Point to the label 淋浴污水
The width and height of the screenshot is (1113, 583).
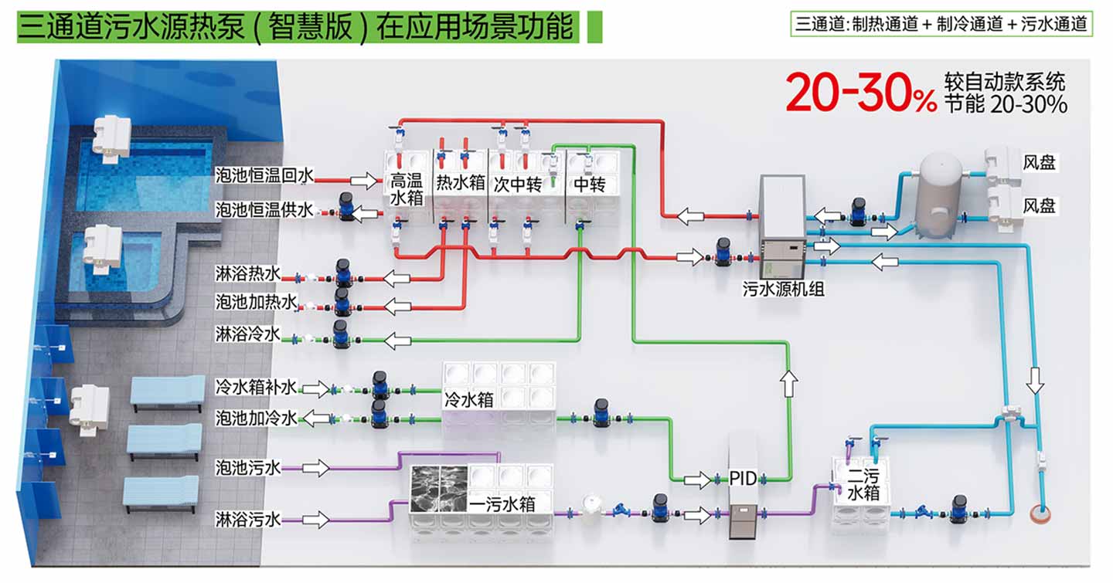tap(247, 520)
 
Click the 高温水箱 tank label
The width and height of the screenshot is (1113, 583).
tap(407, 189)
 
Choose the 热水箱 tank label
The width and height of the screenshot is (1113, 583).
tap(461, 183)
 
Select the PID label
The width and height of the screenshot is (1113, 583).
tap(743, 479)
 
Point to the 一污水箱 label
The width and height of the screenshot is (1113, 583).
tap(512, 505)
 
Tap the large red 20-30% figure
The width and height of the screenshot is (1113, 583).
tap(860, 93)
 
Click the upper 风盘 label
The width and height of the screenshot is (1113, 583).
tap(1039, 163)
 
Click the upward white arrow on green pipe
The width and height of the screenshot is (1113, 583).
tap(788, 383)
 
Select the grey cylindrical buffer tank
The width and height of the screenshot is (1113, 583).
tap(939, 191)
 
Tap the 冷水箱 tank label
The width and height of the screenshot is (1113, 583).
tap(469, 401)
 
